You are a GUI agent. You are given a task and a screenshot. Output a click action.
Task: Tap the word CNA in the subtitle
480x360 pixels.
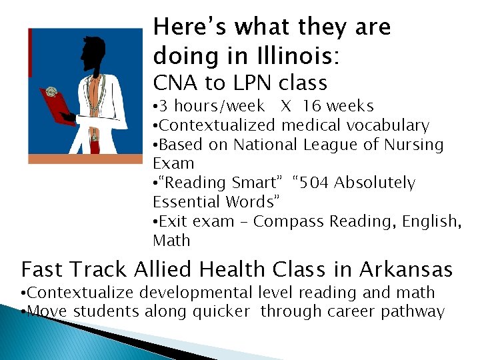coord(171,83)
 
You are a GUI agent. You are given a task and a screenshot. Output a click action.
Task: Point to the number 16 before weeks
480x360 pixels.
coord(312,106)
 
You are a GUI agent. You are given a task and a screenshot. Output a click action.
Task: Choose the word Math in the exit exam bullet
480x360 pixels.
coord(171,240)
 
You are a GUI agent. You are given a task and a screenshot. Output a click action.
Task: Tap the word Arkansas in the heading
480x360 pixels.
coord(407,270)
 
